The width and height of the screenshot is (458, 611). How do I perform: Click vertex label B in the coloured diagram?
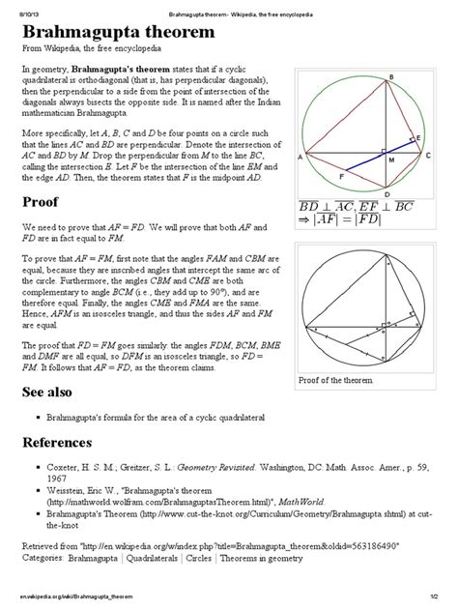point(390,76)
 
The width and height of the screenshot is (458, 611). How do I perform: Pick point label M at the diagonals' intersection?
point(391,160)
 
